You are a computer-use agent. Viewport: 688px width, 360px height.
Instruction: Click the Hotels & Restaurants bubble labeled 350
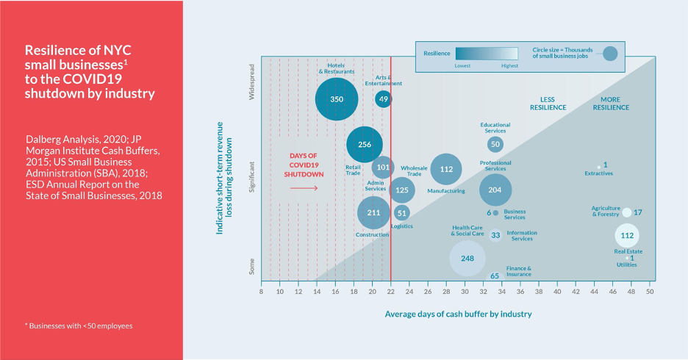coord(337,98)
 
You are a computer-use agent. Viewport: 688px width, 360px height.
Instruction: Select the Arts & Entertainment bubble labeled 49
coord(384,98)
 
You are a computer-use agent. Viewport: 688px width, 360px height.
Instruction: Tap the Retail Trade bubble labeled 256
coord(365,145)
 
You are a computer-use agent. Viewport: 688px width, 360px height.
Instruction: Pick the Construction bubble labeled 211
coord(373,213)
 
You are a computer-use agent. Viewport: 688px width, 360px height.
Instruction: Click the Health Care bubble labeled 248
coord(467,258)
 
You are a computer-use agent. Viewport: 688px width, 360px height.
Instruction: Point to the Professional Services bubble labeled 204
coord(495,190)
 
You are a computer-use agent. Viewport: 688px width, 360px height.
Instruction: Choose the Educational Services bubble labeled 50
coord(495,145)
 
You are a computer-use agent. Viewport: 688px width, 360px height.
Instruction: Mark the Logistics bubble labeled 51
coord(401,213)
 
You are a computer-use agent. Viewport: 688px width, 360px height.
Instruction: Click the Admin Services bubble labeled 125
coord(401,190)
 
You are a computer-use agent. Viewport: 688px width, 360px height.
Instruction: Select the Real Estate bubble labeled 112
coord(627,236)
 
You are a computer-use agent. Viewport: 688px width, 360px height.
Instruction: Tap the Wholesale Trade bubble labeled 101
coord(383,168)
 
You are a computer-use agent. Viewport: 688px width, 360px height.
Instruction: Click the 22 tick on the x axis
coord(391,292)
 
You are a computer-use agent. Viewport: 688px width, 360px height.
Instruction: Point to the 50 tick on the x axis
coord(650,292)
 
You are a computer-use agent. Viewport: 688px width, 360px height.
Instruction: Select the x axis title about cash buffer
coord(458,314)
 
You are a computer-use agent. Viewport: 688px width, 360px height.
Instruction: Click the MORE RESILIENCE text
coord(611,104)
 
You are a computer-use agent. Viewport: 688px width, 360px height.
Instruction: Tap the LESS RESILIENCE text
coord(548,104)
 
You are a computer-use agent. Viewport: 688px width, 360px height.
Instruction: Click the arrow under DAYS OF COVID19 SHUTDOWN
coord(304,189)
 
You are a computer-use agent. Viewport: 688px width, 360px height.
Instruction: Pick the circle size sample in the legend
coord(610,54)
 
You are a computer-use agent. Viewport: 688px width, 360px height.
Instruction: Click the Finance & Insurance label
coord(518,272)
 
